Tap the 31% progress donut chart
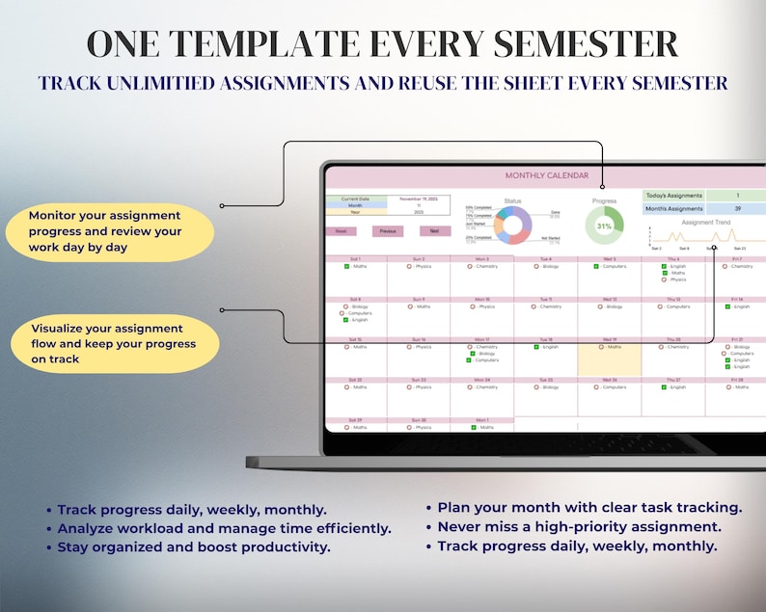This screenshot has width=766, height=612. coord(604,226)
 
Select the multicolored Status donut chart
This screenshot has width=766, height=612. coord(512,226)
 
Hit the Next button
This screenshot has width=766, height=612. coord(435,231)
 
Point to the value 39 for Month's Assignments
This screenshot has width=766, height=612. coord(736,208)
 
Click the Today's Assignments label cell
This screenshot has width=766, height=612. coord(673,196)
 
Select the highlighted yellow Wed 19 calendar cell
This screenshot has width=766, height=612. coord(609,359)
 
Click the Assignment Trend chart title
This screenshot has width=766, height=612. coord(705,223)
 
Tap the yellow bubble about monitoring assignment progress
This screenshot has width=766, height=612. coord(107,231)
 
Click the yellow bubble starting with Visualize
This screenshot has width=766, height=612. coord(113,344)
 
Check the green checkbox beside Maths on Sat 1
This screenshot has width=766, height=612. coord(345,267)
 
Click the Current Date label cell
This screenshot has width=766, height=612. coord(355,199)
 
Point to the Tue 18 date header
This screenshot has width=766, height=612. coord(545,340)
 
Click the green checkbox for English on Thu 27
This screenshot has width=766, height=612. coord(664,387)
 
